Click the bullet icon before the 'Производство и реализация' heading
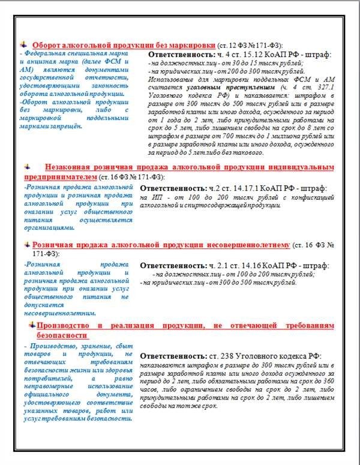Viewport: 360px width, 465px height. pos(31,325)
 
